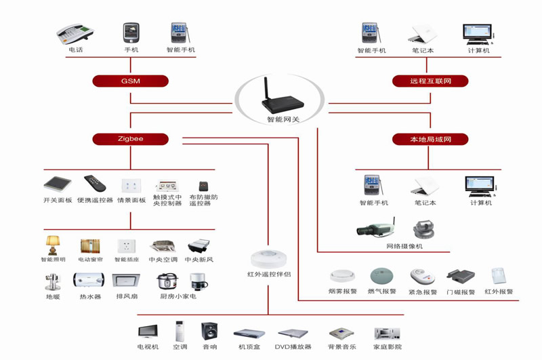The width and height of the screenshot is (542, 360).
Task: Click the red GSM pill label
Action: [x=130, y=81]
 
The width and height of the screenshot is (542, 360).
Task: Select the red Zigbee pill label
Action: [x=130, y=139]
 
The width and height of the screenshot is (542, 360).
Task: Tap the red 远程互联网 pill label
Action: [x=430, y=81]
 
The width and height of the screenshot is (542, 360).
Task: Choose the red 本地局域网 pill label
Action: [x=430, y=140]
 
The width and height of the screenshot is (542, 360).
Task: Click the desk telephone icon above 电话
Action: [x=75, y=33]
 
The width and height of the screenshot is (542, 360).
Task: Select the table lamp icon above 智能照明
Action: [x=53, y=245]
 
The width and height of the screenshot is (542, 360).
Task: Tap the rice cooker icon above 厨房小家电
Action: [x=167, y=281]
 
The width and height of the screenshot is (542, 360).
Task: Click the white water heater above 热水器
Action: [x=89, y=281]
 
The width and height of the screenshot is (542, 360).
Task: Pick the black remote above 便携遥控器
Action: [x=95, y=183]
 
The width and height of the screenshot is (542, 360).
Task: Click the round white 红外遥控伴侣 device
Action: [x=268, y=259]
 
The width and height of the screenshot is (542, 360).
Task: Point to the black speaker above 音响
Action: [x=209, y=332]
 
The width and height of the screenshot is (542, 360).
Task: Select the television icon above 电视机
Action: [x=148, y=332]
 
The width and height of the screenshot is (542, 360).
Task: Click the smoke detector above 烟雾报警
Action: [x=342, y=276]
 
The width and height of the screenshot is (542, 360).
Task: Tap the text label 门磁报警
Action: [x=461, y=292]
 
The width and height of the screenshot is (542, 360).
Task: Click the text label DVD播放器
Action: [x=293, y=347]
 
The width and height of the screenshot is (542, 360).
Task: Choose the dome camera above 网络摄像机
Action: [x=423, y=230]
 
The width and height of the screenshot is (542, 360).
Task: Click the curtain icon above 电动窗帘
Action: [x=90, y=246]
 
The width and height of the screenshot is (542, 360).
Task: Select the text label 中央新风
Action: [x=199, y=260]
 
